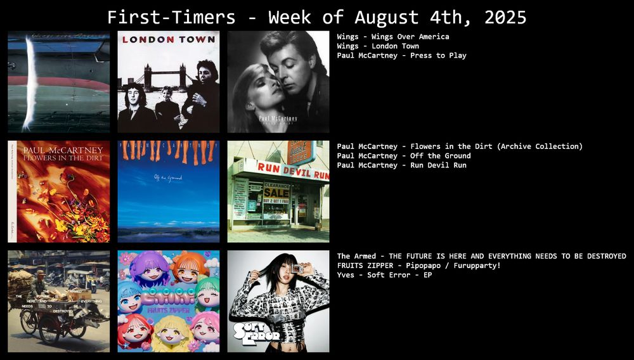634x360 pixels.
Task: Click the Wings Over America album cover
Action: [58, 81]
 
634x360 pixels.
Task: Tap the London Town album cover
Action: [168, 81]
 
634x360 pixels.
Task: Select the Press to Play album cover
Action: [278, 81]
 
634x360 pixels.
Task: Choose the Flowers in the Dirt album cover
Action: [58, 191]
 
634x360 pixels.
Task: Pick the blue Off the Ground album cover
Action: [168, 191]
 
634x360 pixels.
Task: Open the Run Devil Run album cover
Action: [278, 191]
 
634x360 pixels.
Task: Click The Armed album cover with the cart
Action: [58, 301]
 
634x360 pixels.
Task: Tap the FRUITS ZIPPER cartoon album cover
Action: [168, 301]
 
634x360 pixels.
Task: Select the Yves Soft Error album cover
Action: [278, 301]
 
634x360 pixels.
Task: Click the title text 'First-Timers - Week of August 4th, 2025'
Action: [316, 16]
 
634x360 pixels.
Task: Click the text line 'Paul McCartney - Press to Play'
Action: [401, 56]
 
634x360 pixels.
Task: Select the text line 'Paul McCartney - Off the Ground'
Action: [404, 156]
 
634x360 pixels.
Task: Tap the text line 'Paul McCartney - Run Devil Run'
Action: [401, 165]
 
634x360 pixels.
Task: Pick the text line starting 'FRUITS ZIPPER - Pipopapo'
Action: [418, 266]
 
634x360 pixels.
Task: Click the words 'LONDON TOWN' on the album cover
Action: [168, 39]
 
